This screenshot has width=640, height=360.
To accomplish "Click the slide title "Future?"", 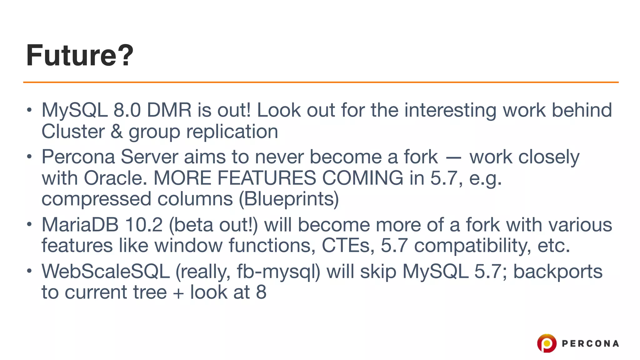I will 80,55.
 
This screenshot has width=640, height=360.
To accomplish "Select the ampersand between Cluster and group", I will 117,132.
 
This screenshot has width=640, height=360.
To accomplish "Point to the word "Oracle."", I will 115,178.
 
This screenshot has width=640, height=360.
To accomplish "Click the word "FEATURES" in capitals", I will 267,178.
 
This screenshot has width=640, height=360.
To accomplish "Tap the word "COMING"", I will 362,178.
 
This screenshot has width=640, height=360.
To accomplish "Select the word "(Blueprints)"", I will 289,199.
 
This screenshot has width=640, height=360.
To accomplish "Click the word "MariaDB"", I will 80,225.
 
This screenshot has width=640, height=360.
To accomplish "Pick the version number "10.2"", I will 143,225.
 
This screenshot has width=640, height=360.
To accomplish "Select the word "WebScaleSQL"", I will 106,271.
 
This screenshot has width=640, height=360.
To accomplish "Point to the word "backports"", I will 558,271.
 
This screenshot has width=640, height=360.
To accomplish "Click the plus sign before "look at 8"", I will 178,293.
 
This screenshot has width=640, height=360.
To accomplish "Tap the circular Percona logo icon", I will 547,343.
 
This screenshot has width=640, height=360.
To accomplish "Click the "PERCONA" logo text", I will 590,344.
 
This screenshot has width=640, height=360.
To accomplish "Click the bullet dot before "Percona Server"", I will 29,157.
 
